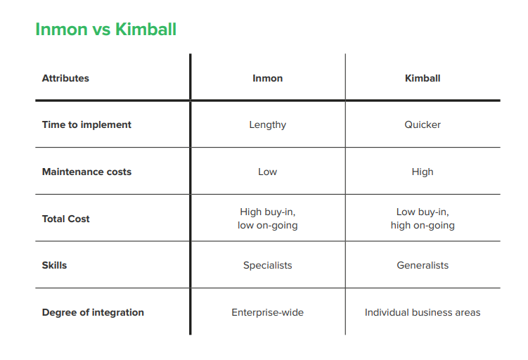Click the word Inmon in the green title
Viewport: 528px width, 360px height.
point(62,29)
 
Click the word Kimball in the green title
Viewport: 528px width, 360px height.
point(146,29)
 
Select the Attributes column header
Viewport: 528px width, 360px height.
point(65,78)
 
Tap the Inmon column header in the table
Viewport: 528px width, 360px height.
point(268,78)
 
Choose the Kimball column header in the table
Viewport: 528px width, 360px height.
point(423,78)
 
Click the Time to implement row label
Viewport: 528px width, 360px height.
point(86,125)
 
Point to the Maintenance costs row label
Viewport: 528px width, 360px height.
point(86,172)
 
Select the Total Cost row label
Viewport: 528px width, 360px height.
point(65,219)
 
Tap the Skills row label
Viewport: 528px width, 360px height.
point(54,265)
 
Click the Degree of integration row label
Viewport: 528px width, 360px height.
point(93,312)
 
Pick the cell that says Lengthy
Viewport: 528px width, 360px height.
point(268,125)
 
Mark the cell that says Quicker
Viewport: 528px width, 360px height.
point(423,124)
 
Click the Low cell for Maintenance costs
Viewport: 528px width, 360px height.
point(268,172)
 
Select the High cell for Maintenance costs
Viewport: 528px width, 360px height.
point(423,172)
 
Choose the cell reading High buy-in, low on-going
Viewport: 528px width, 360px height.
point(268,219)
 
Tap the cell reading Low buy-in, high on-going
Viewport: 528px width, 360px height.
point(423,219)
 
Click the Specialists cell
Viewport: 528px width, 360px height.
point(268,266)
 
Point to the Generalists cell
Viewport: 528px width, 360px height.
point(423,265)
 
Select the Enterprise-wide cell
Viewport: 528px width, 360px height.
point(268,312)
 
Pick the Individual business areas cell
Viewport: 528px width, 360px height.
point(423,312)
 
